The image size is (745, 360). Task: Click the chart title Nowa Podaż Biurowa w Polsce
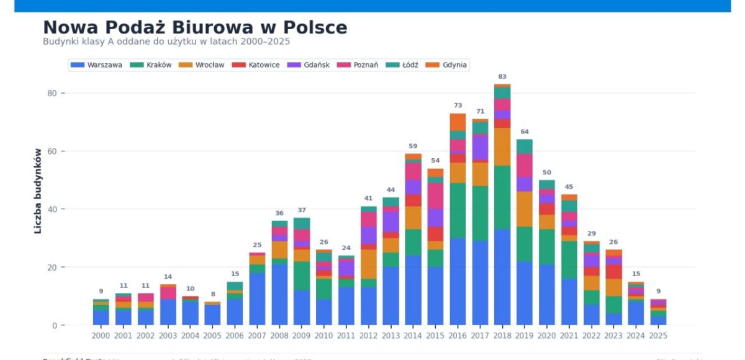[195, 28]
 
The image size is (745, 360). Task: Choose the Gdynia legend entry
[454, 65]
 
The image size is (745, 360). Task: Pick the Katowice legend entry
[264, 65]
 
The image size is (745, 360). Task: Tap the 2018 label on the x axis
[502, 335]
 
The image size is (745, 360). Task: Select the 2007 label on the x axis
[257, 335]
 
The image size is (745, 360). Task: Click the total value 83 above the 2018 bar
[502, 77]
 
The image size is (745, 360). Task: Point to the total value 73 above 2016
[458, 106]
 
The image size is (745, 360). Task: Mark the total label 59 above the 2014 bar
[413, 146]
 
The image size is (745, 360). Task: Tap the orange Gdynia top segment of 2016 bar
[458, 122]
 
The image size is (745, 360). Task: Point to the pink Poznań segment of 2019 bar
[525, 165]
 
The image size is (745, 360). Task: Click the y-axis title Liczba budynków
[38, 191]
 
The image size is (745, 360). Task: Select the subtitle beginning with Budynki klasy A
[166, 42]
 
